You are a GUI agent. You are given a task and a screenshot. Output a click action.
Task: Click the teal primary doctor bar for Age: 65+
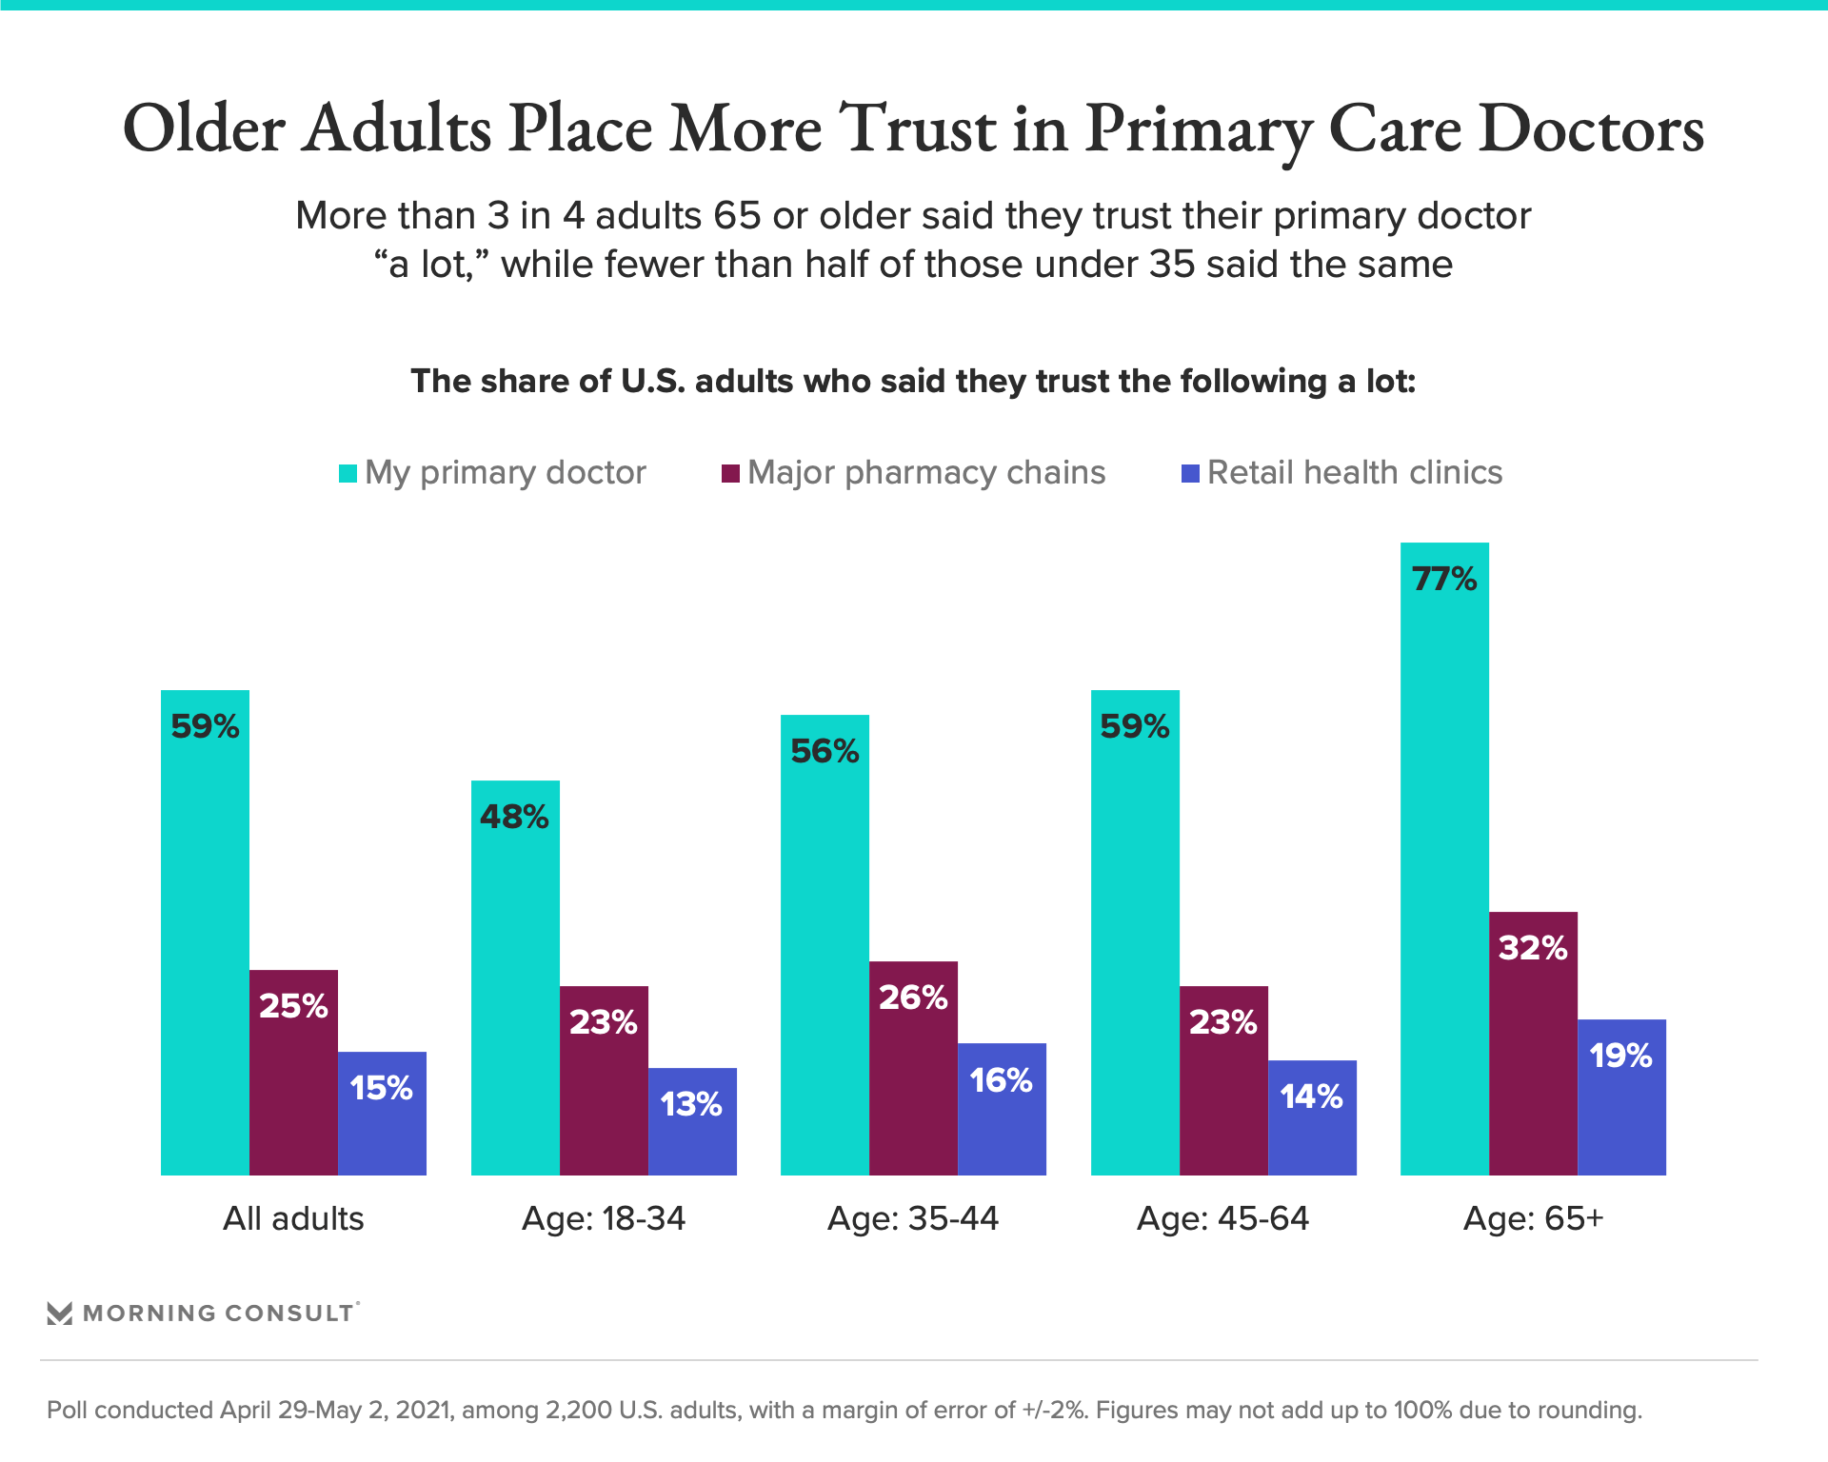(1444, 857)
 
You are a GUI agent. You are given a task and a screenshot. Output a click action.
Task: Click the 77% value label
(1444, 579)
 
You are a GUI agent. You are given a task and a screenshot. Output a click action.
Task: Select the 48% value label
(514, 817)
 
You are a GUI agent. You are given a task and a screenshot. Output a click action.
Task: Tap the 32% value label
(1533, 948)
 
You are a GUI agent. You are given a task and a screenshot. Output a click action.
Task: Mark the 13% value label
(691, 1104)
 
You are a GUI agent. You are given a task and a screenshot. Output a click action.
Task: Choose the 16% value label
(1002, 1080)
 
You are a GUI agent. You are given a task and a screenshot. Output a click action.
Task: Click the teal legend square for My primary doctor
(348, 473)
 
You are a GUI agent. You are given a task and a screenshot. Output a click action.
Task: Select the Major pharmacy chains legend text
(926, 473)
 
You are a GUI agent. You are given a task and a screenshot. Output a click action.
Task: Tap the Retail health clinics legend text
(1355, 473)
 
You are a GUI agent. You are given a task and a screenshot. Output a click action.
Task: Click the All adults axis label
(293, 1218)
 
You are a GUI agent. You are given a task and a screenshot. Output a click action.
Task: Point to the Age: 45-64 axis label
(1222, 1218)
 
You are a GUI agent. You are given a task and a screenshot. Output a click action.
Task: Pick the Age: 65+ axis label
(1533, 1218)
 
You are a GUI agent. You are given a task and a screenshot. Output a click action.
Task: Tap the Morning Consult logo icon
(60, 1314)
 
